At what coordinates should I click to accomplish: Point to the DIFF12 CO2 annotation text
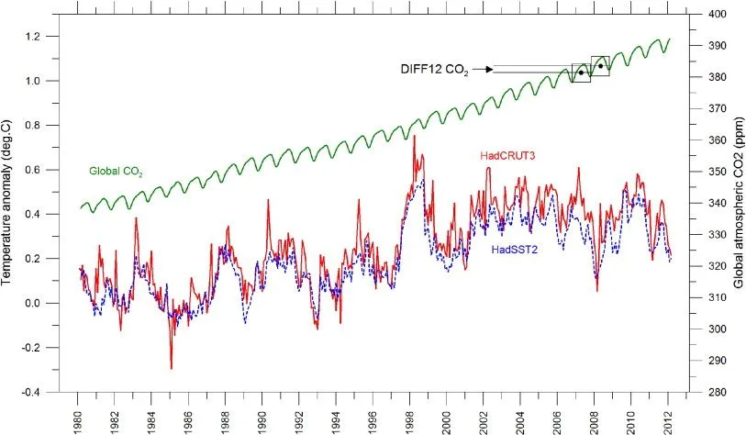[434, 70]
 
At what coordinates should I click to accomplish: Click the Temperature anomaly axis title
[8, 203]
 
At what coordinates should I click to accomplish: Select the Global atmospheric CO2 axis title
[738, 203]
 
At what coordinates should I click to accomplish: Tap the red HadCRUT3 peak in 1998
[415, 136]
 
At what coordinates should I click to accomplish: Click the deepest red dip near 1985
[171, 368]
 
